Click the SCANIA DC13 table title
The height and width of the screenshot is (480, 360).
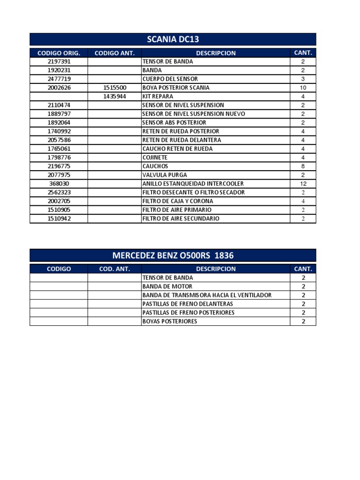pos(172,39)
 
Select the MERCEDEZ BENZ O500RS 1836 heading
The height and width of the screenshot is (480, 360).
pos(172,255)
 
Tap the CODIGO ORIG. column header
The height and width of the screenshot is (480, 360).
pos(59,53)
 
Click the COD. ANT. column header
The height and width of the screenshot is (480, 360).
pos(114,269)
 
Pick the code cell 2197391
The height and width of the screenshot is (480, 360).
pos(59,61)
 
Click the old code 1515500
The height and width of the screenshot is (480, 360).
pos(114,88)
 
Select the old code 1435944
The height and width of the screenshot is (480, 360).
pos(114,97)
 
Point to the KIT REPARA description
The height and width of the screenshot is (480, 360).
pos(157,97)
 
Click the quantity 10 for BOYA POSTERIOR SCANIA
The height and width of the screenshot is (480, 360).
pos(303,88)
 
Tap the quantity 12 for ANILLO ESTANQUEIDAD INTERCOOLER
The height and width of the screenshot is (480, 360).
pos(303,184)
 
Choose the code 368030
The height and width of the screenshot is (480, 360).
pos(59,184)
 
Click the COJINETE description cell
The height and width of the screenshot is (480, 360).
pos(155,157)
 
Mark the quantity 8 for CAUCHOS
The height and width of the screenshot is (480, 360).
pos(303,166)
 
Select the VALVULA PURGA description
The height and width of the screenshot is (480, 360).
pos(161,175)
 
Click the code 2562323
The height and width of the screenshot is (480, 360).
pos(59,192)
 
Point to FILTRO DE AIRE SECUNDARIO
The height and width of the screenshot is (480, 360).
pos(180,218)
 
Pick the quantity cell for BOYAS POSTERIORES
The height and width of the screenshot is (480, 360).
pos(303,321)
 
